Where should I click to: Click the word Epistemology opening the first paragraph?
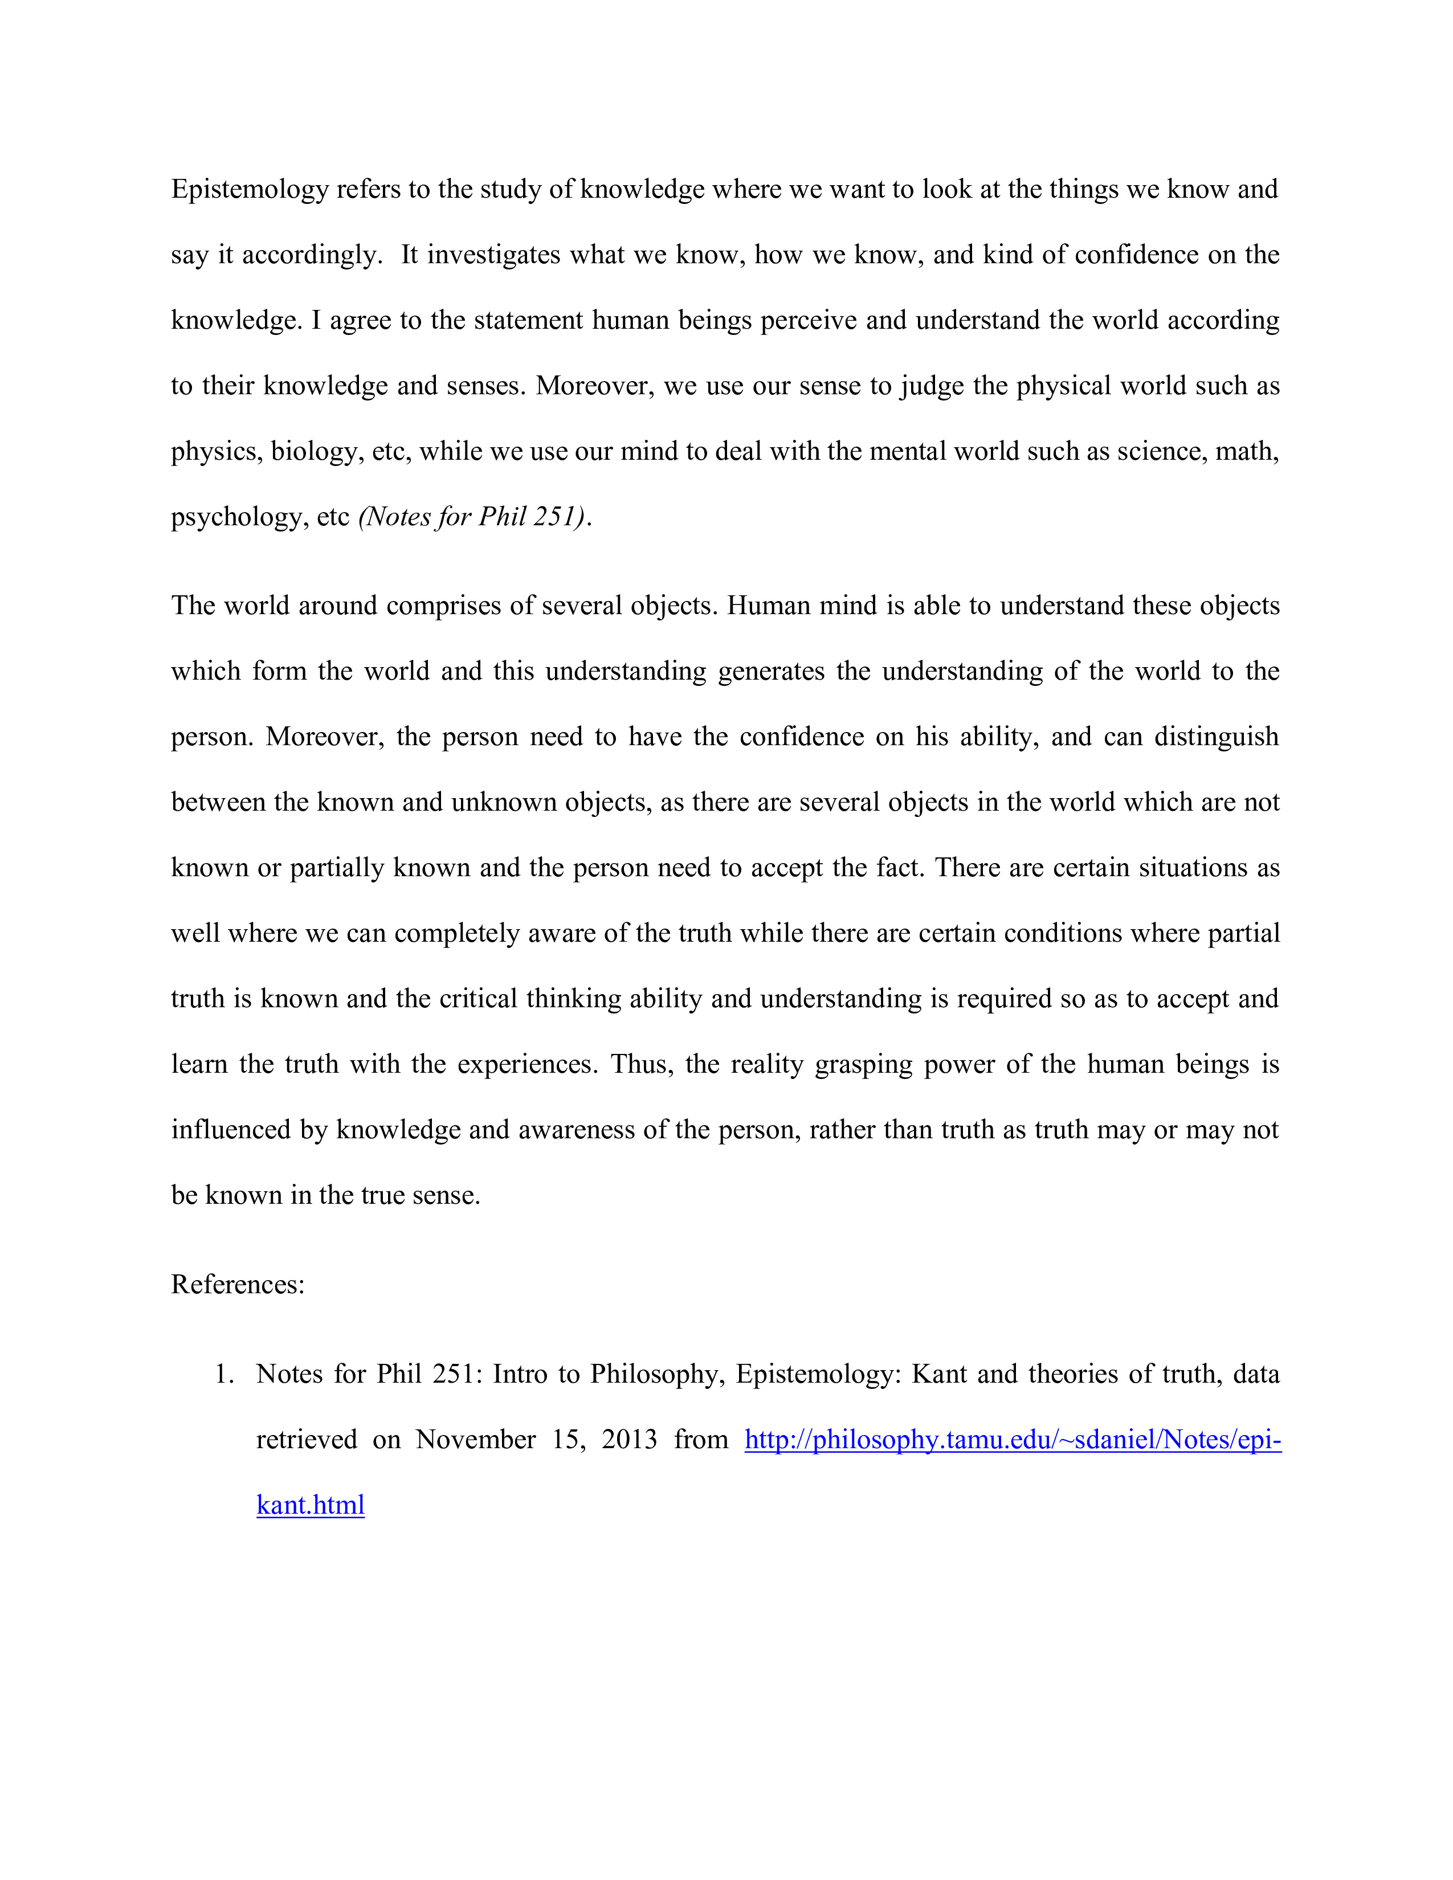(x=250, y=189)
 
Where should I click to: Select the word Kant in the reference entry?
(x=940, y=1374)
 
